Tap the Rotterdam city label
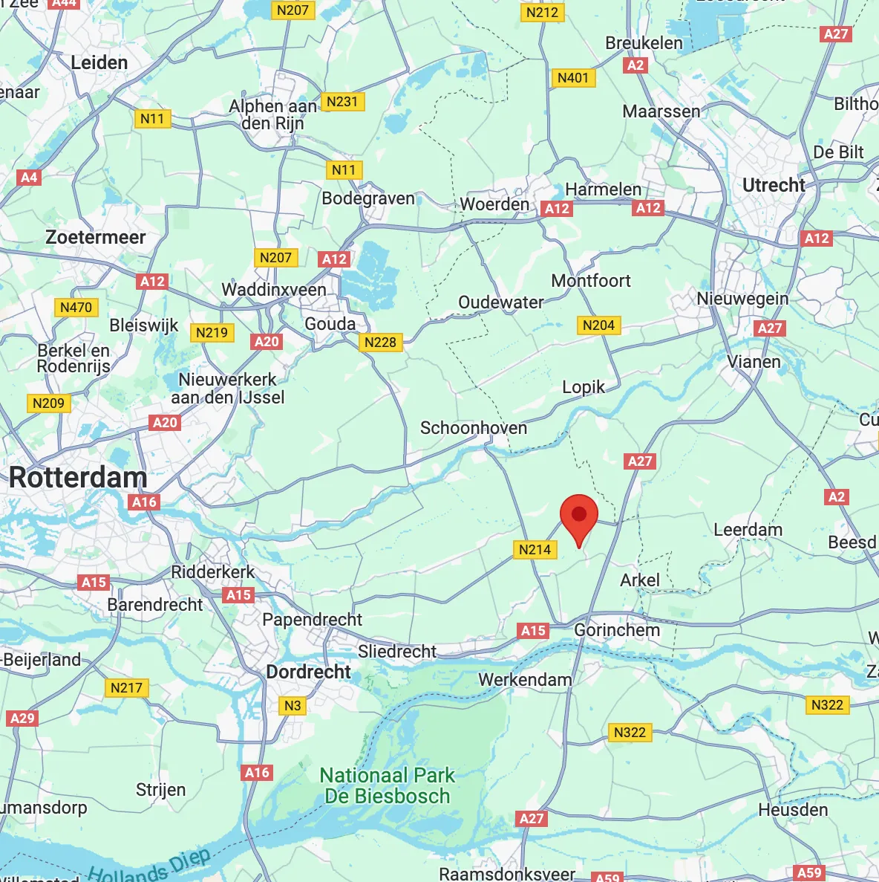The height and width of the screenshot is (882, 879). click(x=78, y=478)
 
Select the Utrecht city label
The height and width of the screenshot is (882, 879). click(x=774, y=185)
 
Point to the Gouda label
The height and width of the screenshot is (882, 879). click(x=330, y=324)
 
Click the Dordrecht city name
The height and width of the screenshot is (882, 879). click(x=308, y=672)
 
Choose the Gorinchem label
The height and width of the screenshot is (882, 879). click(x=617, y=630)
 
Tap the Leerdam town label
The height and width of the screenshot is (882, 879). click(x=748, y=530)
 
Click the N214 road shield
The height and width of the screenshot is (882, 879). click(x=535, y=550)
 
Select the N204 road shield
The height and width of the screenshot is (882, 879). click(x=598, y=325)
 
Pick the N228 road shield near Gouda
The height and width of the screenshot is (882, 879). click(x=380, y=343)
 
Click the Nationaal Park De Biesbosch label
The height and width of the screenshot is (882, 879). click(x=387, y=785)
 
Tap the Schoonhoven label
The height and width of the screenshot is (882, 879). click(x=474, y=428)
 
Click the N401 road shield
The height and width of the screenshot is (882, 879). click(x=572, y=78)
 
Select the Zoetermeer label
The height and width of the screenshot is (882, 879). click(x=96, y=238)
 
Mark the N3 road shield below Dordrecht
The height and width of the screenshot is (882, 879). click(x=293, y=706)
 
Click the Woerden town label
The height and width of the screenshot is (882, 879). click(x=494, y=204)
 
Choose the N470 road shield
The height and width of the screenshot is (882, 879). click(x=76, y=308)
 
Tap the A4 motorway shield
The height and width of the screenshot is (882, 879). click(x=29, y=178)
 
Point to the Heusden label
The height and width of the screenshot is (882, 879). click(x=793, y=810)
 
